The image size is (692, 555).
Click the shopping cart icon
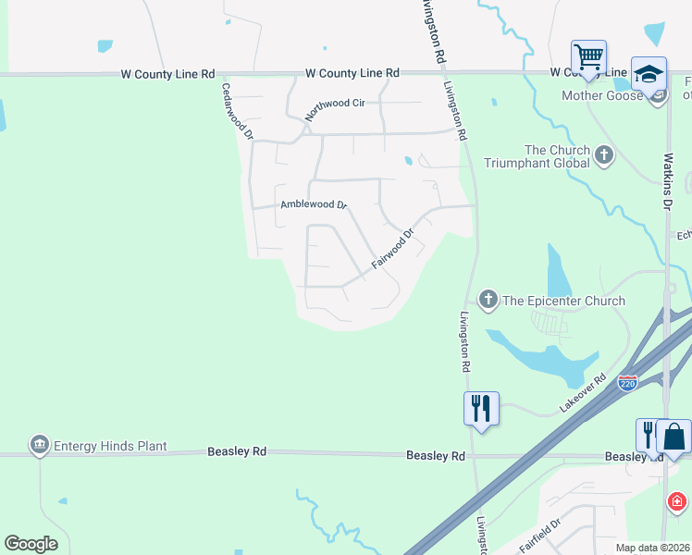click(588, 57)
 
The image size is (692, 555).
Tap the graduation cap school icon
click(649, 74)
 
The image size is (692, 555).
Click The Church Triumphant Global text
click(557, 156)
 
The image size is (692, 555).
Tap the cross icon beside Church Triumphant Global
click(605, 155)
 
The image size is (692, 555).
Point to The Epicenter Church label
click(563, 301)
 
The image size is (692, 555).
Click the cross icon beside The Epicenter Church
click(488, 299)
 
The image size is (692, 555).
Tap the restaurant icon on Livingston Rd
click(481, 408)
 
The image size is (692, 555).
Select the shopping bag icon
click(674, 436)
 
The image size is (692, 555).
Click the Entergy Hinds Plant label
click(110, 447)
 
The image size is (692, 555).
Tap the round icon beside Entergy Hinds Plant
click(39, 446)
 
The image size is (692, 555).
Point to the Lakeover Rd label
click(582, 392)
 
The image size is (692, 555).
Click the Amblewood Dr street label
click(313, 204)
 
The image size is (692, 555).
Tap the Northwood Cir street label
click(335, 110)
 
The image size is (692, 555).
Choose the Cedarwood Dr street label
click(237, 111)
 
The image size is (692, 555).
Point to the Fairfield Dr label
click(540, 536)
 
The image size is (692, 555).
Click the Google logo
click(31, 544)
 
